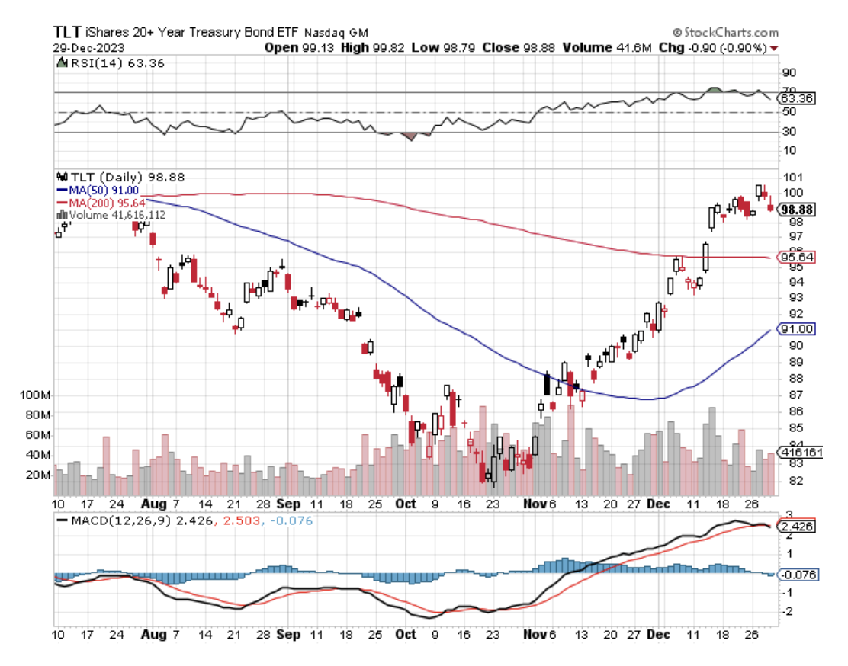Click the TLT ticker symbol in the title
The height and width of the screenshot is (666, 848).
(x=65, y=33)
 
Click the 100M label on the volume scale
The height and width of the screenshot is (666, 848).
(x=37, y=396)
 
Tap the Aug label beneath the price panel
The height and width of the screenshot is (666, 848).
(x=153, y=504)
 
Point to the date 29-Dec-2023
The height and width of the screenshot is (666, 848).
(x=85, y=47)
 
